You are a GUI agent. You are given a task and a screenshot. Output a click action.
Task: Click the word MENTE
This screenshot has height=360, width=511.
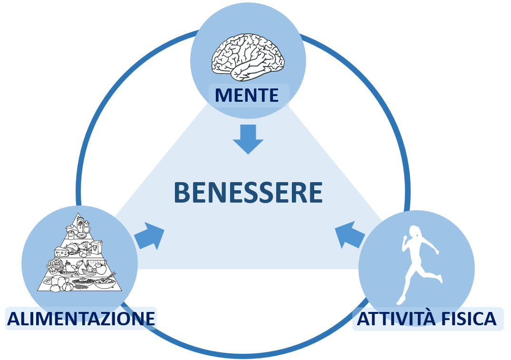[247, 95]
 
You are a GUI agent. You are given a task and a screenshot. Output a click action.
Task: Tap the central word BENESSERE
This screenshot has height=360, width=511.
[248, 193]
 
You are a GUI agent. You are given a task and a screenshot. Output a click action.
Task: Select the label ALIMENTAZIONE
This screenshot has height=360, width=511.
[81, 319]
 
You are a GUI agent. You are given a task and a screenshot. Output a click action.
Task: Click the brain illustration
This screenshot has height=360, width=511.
[248, 58]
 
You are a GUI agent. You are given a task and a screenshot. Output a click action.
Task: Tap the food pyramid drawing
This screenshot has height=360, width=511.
[79, 252]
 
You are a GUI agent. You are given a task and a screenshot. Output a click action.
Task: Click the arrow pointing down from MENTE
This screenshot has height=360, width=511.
[248, 139]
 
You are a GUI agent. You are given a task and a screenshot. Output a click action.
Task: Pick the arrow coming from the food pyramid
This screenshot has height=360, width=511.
[149, 236]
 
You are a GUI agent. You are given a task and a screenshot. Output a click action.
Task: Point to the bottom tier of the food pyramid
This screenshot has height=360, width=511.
[79, 283]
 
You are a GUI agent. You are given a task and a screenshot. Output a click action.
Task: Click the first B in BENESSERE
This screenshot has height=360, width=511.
[182, 193]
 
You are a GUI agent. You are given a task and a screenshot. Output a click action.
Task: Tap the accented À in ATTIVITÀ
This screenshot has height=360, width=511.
[428, 317]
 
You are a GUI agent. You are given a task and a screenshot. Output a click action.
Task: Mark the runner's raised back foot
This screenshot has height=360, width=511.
[440, 279]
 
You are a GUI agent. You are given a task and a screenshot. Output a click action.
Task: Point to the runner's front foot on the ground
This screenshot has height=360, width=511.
[400, 301]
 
